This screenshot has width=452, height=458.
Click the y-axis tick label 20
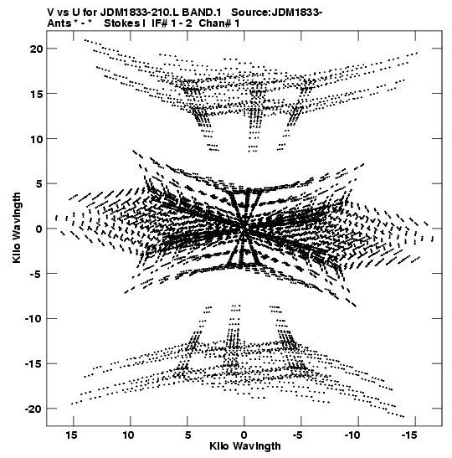click(37, 49)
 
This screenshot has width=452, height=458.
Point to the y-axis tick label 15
click(37, 94)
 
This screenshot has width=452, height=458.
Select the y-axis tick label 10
click(37, 139)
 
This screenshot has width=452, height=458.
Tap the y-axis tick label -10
click(33, 319)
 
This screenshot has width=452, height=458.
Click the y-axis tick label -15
click(33, 363)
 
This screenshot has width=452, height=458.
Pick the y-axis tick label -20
click(33, 409)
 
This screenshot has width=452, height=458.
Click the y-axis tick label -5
click(37, 274)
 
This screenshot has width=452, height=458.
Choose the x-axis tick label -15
click(408, 435)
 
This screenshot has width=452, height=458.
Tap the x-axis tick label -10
click(352, 435)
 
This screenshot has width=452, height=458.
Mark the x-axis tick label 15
click(71, 435)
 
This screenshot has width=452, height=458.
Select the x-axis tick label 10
click(128, 435)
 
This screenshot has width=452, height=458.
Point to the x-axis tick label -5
click(298, 435)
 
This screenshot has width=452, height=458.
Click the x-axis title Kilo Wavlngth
click(245, 446)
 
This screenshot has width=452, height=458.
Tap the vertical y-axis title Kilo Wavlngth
click(17, 228)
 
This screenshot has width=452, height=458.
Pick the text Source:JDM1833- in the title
click(277, 13)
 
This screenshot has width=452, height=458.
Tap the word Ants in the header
click(59, 23)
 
